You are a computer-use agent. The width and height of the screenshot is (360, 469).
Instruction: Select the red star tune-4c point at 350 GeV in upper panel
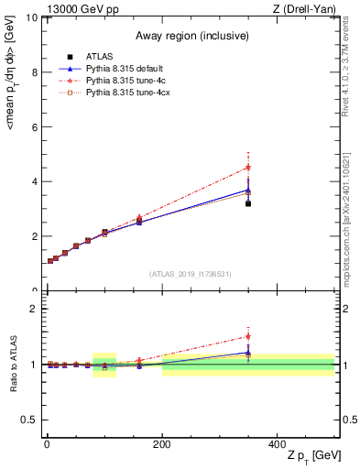(x=248, y=168)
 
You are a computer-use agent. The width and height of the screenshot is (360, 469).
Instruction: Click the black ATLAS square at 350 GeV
(x=248, y=203)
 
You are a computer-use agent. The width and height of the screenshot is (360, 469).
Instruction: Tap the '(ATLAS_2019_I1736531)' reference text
(x=190, y=274)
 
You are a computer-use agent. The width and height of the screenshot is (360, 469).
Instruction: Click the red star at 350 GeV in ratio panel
(x=248, y=336)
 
